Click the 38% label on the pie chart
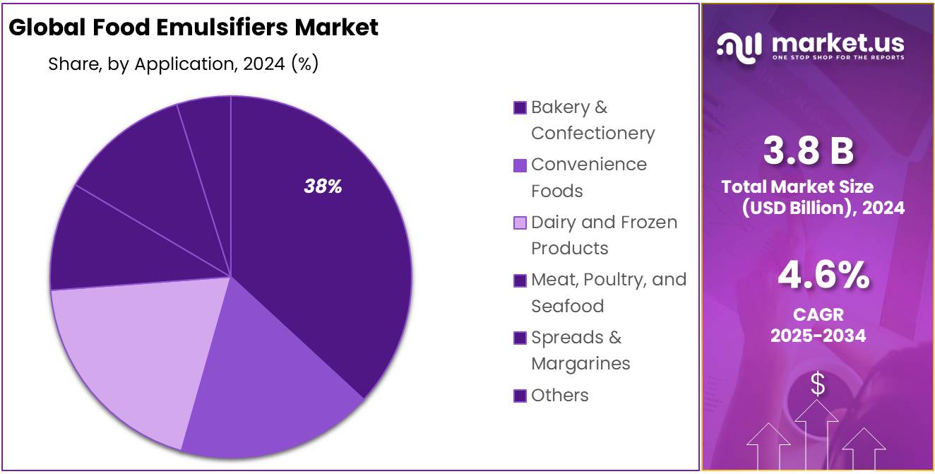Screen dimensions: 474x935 point(323,186)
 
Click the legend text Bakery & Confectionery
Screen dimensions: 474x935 point(592,120)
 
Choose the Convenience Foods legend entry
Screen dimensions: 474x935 point(588,177)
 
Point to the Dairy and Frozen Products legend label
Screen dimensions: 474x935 point(603,235)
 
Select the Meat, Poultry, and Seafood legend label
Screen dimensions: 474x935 point(608,292)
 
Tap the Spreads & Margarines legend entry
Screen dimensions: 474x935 point(580,350)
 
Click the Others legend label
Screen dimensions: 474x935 point(559,395)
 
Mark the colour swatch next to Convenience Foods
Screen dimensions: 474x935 point(520,165)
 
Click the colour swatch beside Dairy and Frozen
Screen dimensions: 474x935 point(520,223)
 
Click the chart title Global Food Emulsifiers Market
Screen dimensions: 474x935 point(193,28)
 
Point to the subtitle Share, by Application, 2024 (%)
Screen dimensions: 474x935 point(183,64)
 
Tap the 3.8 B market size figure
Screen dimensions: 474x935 point(808,150)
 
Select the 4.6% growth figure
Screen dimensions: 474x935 point(823,275)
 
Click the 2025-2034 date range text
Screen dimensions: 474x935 point(818,336)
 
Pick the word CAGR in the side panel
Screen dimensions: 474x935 point(818,314)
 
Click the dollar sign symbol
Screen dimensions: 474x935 point(818,385)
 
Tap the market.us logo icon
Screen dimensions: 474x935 point(739,45)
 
